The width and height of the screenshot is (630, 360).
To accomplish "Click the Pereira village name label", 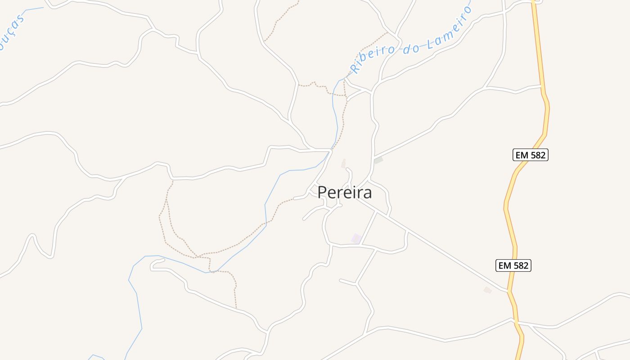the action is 345,193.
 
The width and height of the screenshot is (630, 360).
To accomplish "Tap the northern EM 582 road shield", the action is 531,155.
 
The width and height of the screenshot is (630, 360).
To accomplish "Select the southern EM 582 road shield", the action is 513,265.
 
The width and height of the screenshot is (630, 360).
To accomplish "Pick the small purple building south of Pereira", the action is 356,238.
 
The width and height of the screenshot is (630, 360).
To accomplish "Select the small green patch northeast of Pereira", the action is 378,160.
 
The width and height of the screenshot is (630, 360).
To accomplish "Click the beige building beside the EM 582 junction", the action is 488,290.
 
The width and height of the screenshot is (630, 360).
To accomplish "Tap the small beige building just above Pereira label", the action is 344,164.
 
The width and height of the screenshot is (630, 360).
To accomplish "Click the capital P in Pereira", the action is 322,193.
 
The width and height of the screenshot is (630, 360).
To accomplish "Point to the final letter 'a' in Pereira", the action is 368,193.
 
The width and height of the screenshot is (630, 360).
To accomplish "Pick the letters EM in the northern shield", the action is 521,155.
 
